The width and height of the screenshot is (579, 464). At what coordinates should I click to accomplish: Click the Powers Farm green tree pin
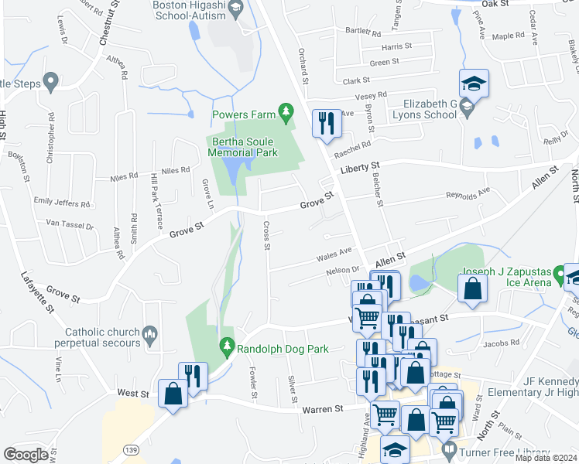[x=287, y=114]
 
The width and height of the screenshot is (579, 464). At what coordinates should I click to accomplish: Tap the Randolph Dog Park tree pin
[x=227, y=348]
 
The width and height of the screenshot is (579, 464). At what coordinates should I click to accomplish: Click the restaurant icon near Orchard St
[x=324, y=122]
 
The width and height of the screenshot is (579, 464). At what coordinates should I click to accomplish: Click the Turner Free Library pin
[x=448, y=448]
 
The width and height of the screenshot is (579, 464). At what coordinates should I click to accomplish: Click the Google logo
[x=26, y=454]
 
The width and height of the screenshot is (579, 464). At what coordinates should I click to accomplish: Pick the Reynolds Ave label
[x=468, y=192]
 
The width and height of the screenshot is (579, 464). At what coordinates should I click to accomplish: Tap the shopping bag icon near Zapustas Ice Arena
[x=472, y=289]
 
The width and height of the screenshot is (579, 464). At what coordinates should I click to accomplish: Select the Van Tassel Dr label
[x=70, y=226]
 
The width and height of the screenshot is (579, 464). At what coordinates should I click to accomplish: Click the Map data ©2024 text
[x=545, y=458]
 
